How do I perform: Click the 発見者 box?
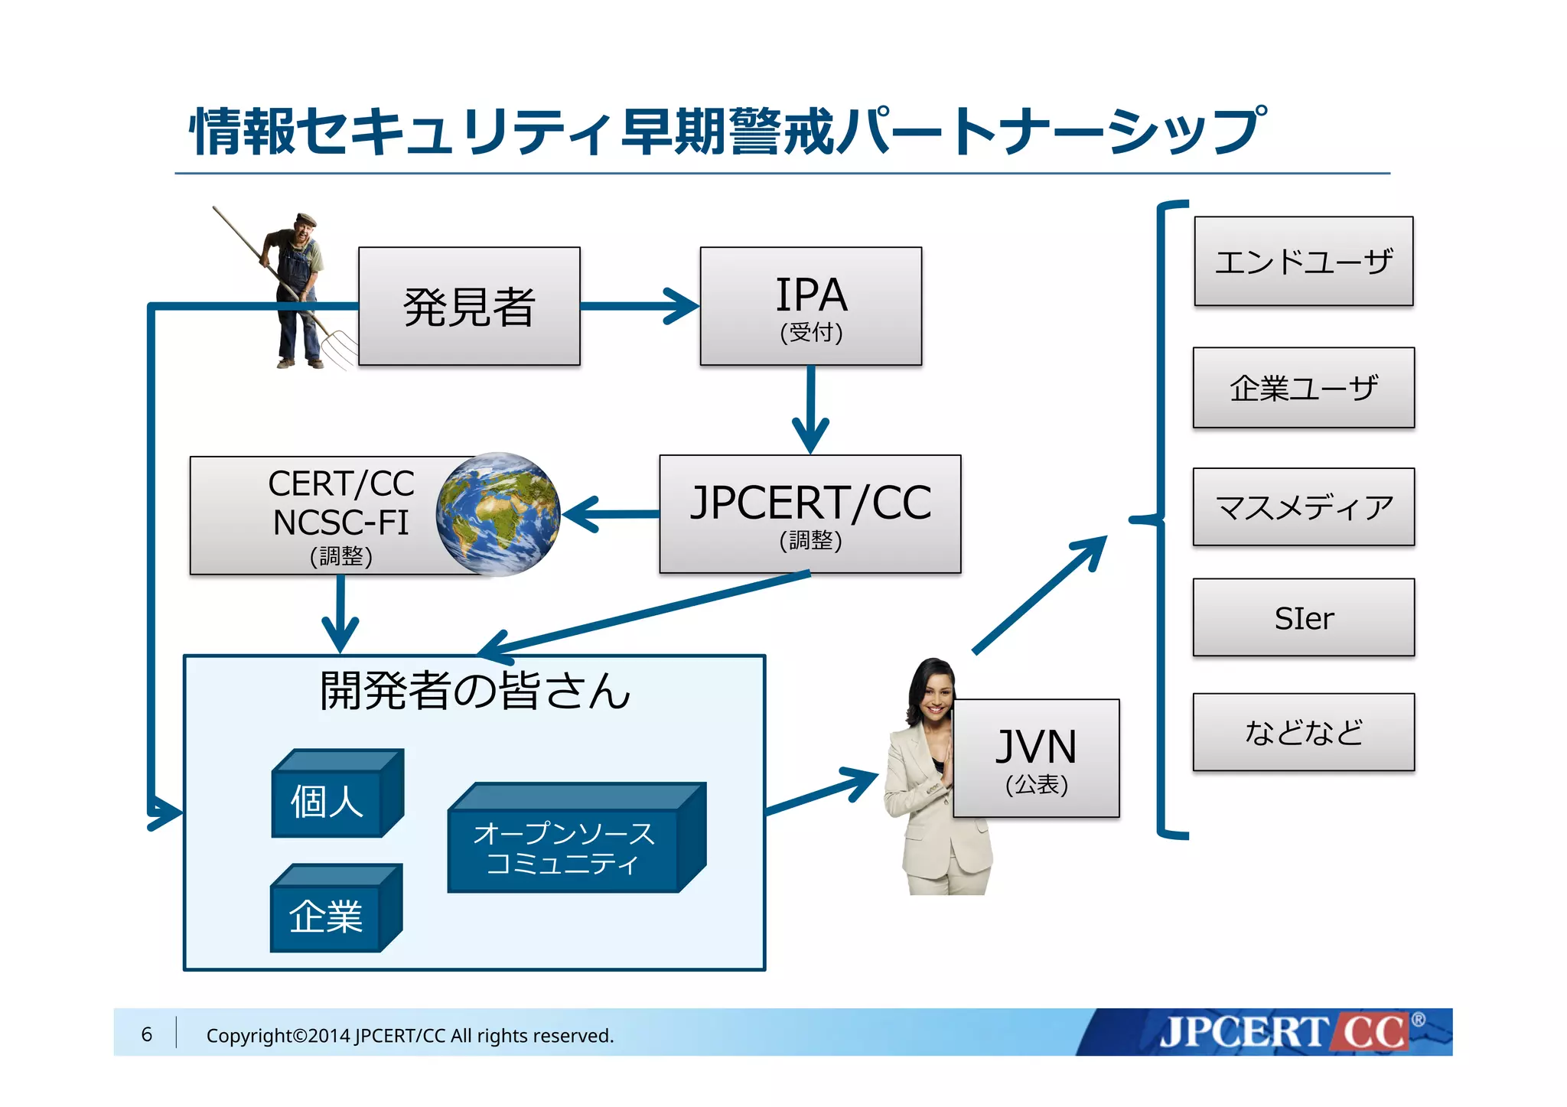point(469,306)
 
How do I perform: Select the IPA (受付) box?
point(810,306)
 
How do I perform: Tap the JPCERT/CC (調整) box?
point(810,513)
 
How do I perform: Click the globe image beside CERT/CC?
point(498,513)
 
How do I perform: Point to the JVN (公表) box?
point(1036,758)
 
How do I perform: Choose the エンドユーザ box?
point(1303,261)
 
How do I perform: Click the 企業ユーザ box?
point(1303,388)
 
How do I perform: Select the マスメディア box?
point(1303,506)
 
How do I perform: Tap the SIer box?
point(1303,617)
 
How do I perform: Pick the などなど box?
point(1303,732)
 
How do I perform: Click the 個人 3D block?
point(327,802)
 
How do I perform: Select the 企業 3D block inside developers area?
point(326,916)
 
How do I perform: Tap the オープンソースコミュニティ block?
point(565,848)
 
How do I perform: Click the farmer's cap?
point(306,219)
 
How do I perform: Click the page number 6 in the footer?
point(147,1034)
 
